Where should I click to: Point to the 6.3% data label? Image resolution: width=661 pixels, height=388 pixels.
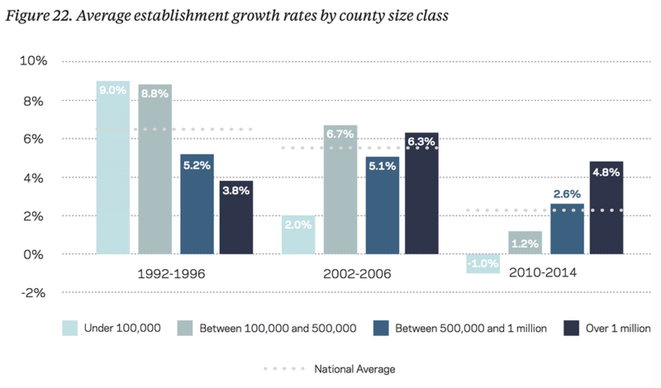[421, 141]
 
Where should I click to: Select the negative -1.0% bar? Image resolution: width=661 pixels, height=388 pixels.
[483, 263]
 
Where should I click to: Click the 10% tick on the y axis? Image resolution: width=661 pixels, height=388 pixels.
[33, 61]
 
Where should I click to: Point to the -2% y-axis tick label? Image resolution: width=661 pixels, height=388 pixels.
[33, 293]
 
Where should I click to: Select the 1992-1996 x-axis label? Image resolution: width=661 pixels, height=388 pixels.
[171, 274]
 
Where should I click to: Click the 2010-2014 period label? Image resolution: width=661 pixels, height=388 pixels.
[543, 273]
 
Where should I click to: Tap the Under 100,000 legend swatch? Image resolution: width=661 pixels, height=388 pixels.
[70, 328]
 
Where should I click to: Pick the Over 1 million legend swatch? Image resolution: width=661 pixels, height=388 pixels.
[571, 328]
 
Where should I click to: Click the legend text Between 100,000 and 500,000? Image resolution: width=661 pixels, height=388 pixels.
[278, 328]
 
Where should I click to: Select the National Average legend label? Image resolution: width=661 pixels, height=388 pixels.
[355, 369]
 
